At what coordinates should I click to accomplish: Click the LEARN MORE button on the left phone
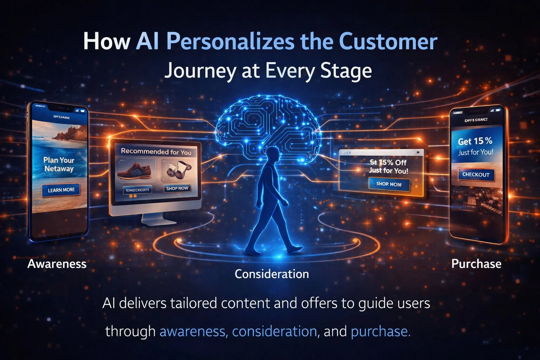click(x=61, y=190)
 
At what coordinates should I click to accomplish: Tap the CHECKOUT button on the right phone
click(x=476, y=174)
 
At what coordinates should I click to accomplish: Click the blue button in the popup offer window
click(x=389, y=184)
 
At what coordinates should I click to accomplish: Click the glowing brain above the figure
click(x=268, y=123)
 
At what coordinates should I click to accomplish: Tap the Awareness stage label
click(x=57, y=264)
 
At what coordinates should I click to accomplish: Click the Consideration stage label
click(x=272, y=274)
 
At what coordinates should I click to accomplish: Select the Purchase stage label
click(x=476, y=264)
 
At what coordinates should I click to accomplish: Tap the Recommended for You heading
click(x=156, y=152)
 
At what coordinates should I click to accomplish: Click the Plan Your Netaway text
click(x=59, y=164)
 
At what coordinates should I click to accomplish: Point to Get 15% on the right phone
click(x=475, y=141)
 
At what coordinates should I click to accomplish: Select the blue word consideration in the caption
click(x=274, y=331)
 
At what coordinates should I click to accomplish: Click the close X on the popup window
click(x=418, y=152)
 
